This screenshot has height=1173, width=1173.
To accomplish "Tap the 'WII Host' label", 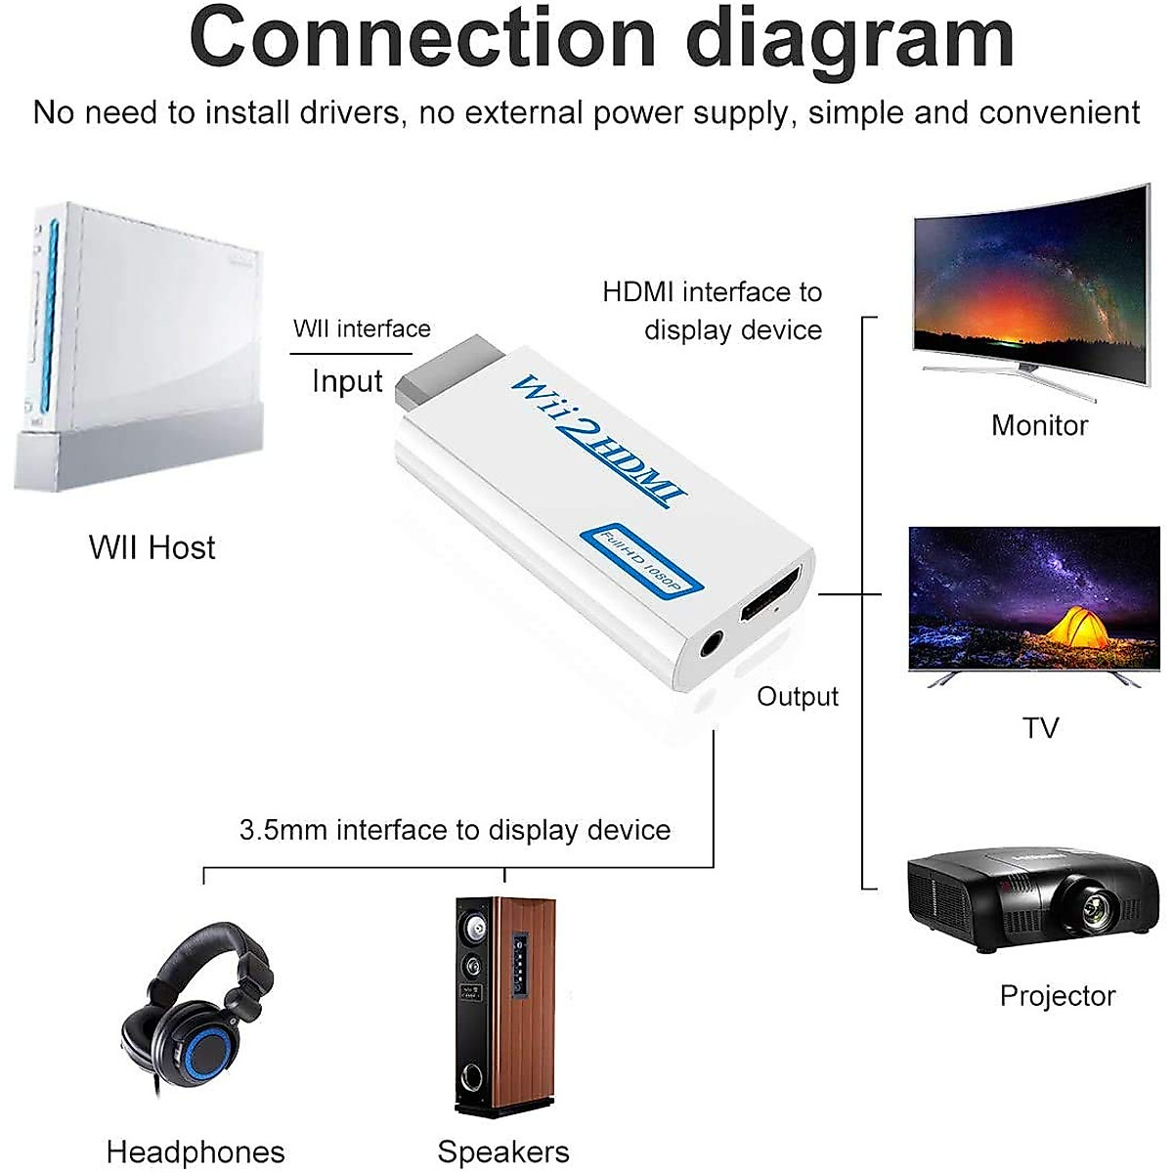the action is click(x=152, y=547).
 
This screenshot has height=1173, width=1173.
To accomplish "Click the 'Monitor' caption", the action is click(x=1039, y=425).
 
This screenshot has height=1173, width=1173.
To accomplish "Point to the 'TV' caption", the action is click(x=1040, y=728).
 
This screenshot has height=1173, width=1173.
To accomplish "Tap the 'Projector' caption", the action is click(x=1057, y=996).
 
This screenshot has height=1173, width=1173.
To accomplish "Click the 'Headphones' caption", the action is click(x=195, y=1151).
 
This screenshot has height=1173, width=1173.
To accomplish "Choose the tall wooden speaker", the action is click(x=504, y=1007).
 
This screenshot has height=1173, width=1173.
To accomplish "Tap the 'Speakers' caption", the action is click(x=503, y=1151).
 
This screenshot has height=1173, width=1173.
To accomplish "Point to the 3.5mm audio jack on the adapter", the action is click(x=711, y=645).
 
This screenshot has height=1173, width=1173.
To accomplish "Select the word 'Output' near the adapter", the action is click(x=798, y=696).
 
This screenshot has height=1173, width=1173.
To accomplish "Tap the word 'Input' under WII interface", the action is click(x=347, y=381).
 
